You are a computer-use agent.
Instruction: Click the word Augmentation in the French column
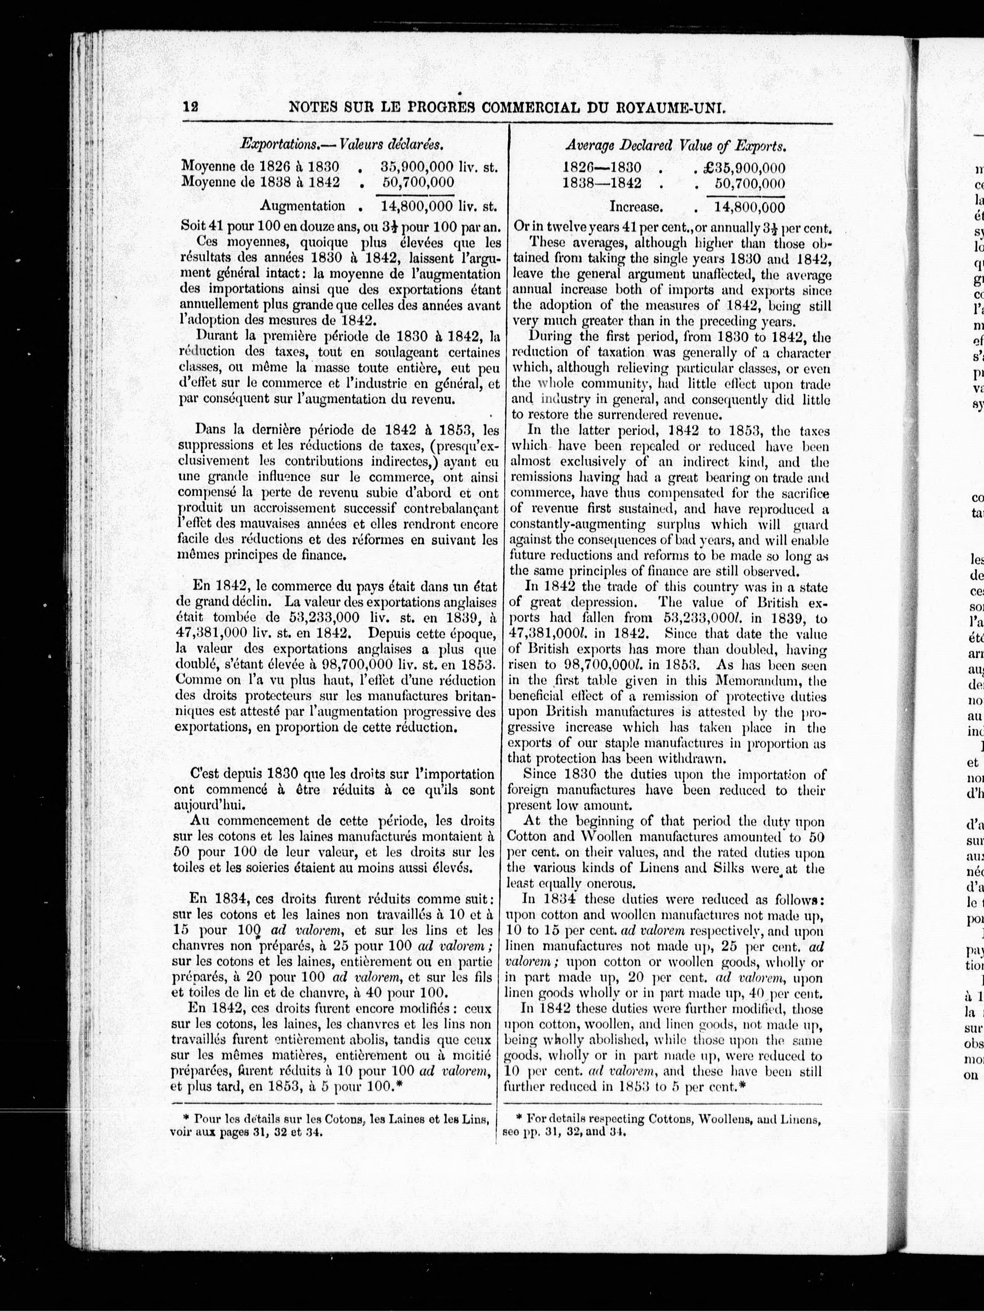click(x=303, y=206)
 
